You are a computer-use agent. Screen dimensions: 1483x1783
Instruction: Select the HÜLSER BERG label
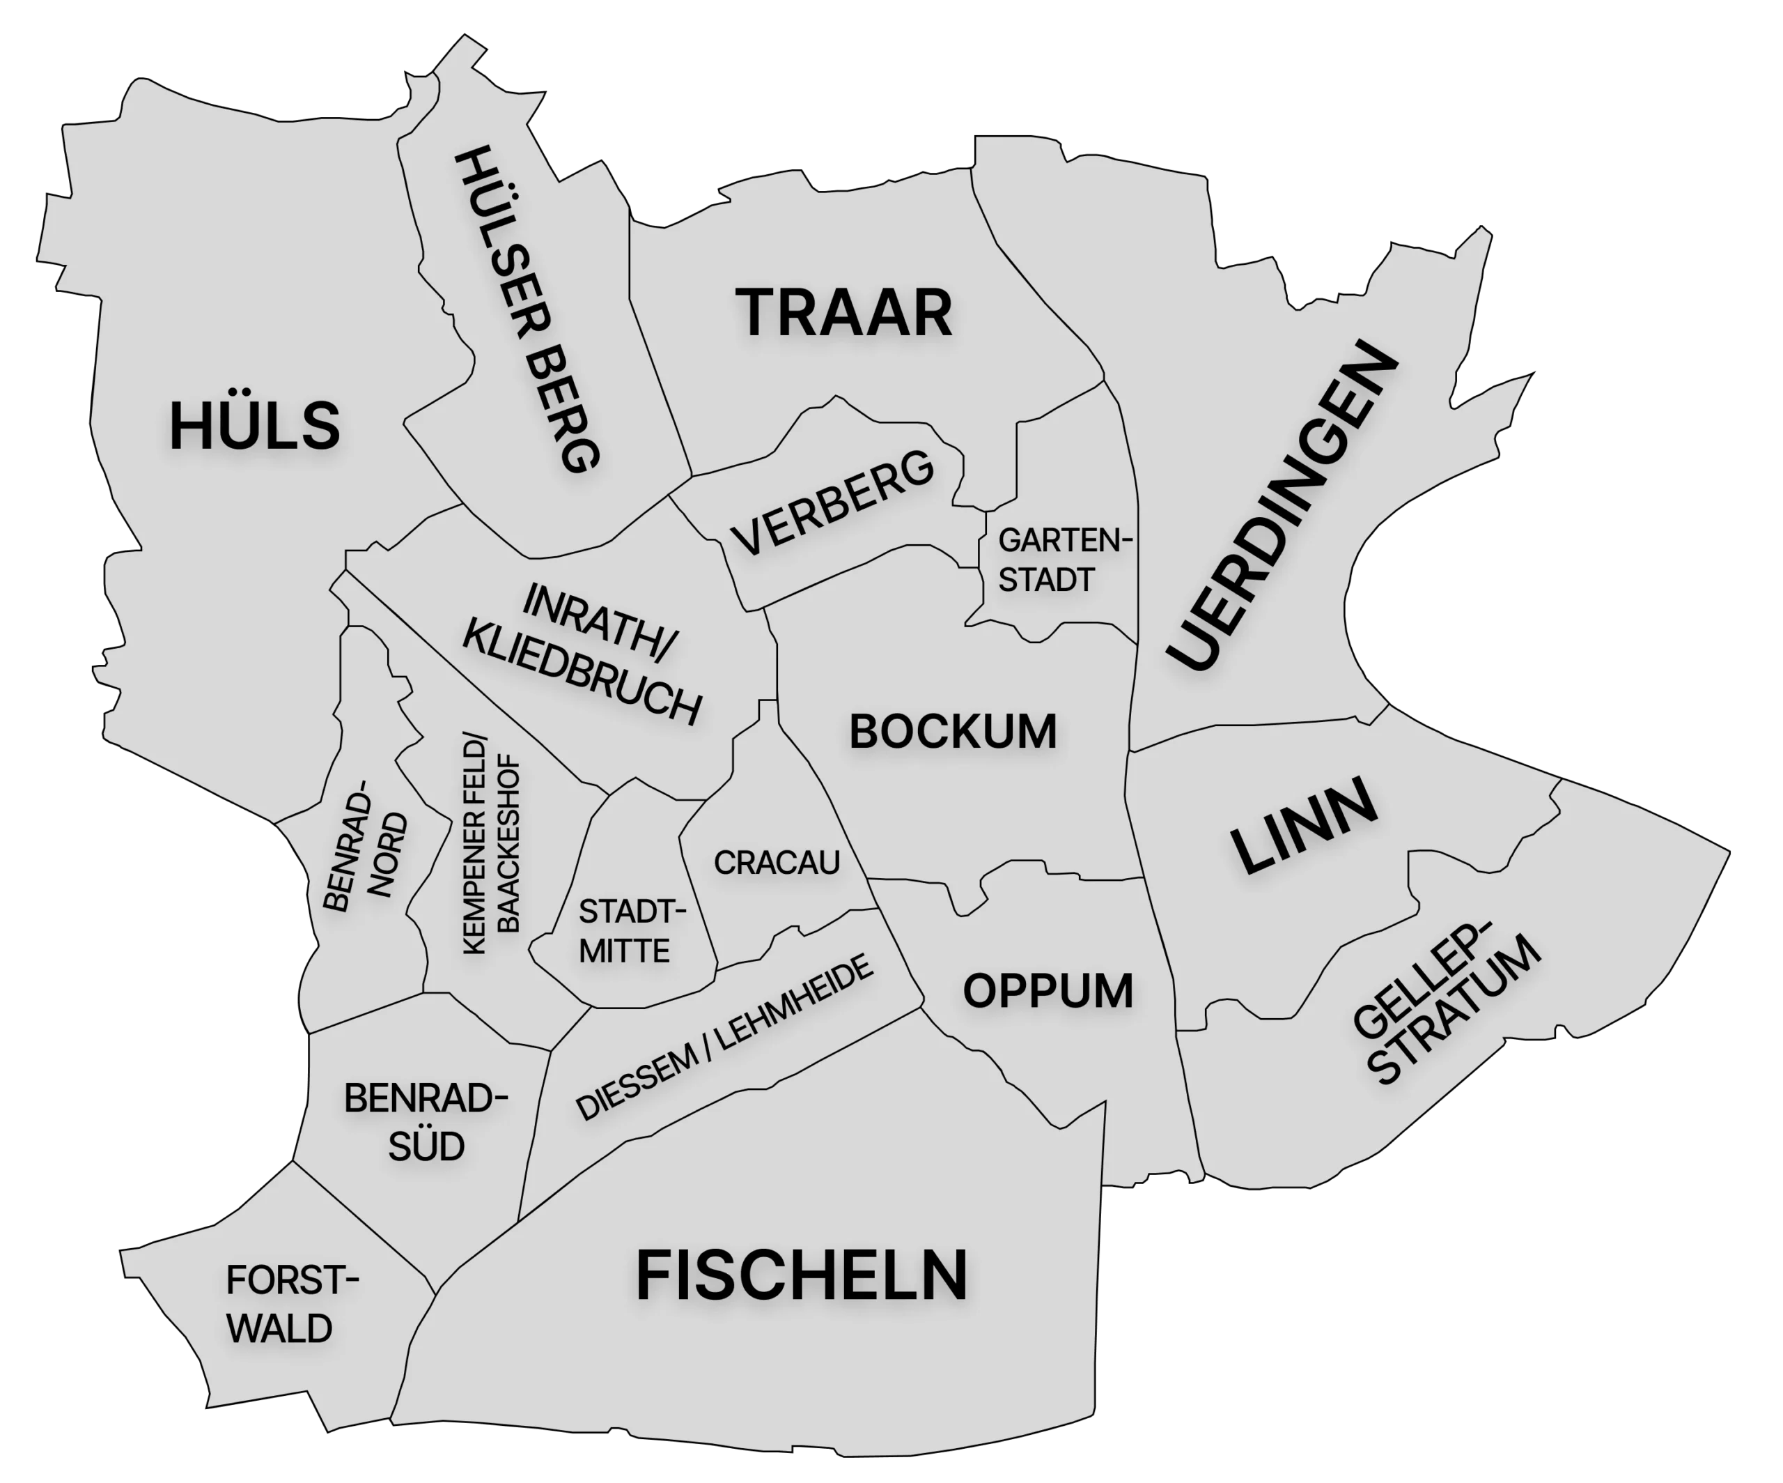coord(529,309)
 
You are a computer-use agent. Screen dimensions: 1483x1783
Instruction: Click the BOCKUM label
coord(953,732)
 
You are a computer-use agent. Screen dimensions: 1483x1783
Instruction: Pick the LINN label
coord(1304,824)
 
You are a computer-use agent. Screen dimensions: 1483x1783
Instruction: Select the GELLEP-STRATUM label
coord(1443,1010)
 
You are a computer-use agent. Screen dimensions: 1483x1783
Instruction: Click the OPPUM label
coord(1048,991)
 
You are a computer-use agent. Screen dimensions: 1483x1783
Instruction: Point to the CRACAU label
coord(776,863)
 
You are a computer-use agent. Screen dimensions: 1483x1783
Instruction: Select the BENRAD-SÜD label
coord(426,1122)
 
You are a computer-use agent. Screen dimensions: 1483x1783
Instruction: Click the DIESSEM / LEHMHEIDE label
coord(724,1037)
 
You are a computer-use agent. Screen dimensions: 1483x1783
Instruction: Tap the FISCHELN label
coord(802,1276)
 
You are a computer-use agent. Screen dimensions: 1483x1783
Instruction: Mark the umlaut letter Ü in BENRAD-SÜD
coord(426,1146)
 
